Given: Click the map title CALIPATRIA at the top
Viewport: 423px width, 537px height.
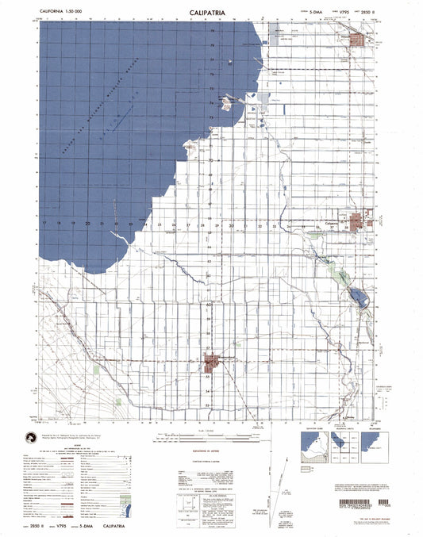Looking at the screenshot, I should (211, 13).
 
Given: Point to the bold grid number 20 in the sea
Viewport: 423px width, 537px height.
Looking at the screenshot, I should (88, 224).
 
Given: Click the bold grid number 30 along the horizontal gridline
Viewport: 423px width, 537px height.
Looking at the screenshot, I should (231, 225).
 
